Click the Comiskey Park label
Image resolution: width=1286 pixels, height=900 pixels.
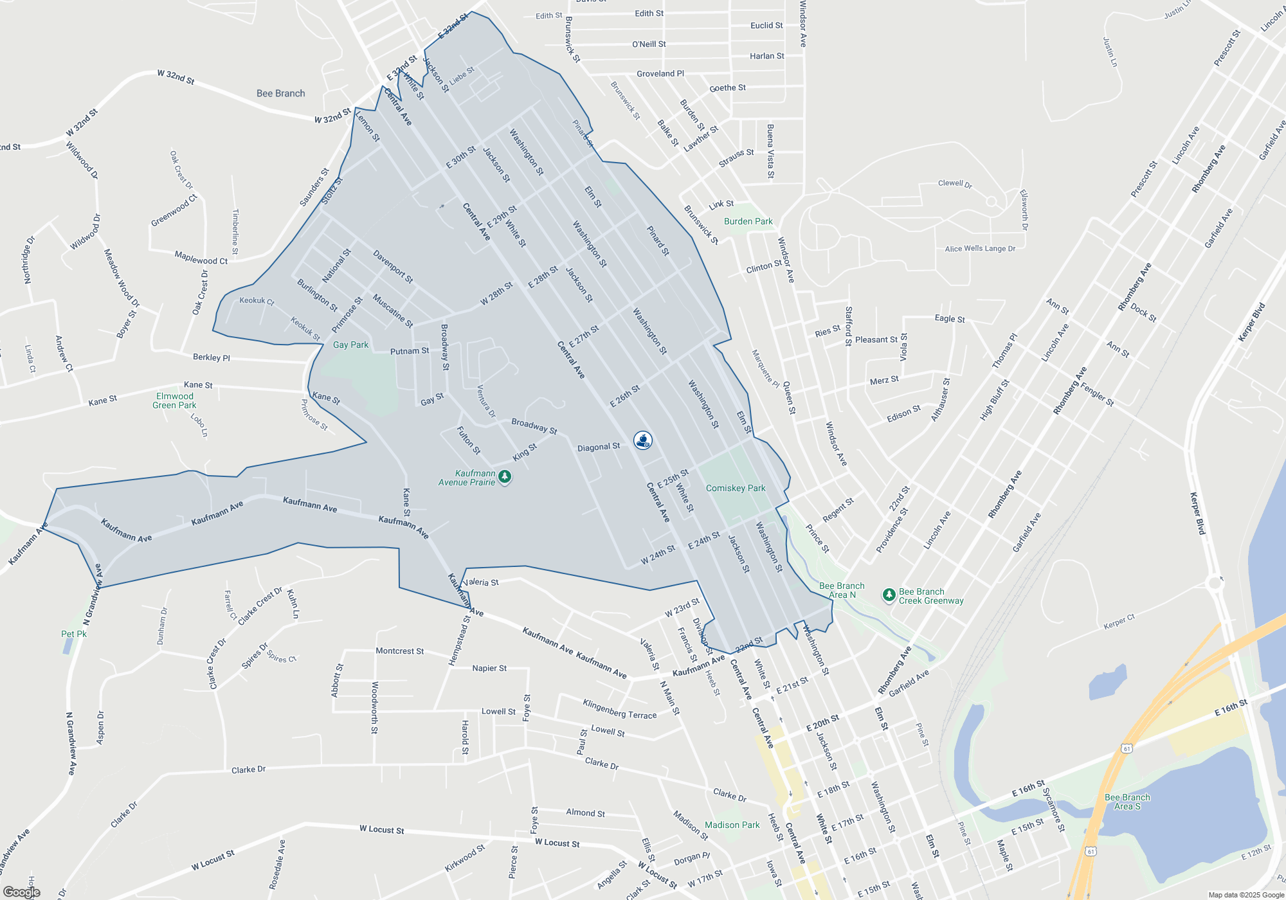pos(736,489)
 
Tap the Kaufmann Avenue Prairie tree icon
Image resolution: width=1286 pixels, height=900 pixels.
pos(505,476)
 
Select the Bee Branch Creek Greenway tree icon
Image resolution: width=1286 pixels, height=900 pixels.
pos(889,595)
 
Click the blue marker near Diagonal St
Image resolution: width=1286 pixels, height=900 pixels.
pos(643,440)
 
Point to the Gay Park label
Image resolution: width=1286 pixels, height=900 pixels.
pos(350,345)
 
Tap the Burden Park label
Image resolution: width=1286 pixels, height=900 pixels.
pos(748,222)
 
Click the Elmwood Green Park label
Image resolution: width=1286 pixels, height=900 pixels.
pos(174,401)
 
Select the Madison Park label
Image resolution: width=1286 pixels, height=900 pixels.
pos(732,825)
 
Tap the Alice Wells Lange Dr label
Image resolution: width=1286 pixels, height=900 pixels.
pos(980,249)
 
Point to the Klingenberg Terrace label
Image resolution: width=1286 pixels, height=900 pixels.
pos(620,709)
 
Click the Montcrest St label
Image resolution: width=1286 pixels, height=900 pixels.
pos(399,651)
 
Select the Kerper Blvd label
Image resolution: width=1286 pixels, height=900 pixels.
pos(1197,514)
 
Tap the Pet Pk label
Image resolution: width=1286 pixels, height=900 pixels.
pos(74,634)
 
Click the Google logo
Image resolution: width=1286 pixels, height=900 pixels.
pos(21,892)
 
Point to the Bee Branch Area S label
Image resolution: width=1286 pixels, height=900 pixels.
pos(1127,802)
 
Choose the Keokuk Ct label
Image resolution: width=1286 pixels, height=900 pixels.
pos(257,301)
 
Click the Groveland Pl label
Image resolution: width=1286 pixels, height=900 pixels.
pos(660,74)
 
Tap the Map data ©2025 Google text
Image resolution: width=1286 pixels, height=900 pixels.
pos(1246,895)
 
